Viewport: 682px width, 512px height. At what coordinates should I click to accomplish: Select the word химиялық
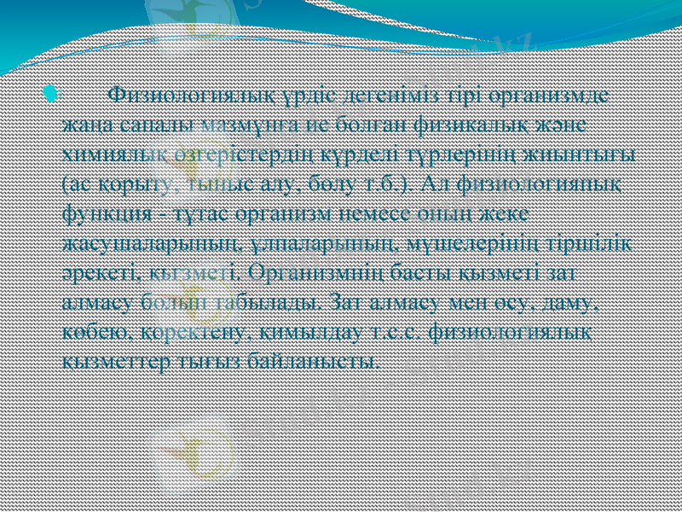pyautogui.click(x=110, y=154)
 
